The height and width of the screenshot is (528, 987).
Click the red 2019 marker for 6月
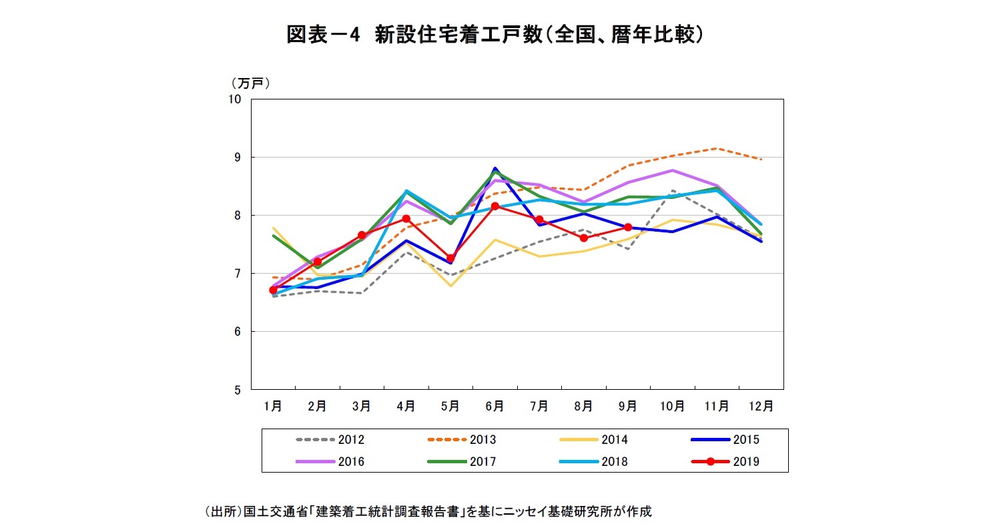pos(495,206)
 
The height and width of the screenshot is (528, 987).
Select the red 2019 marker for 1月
pos(273,290)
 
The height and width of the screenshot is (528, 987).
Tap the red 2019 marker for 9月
pos(628,227)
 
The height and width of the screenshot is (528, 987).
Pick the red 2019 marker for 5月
pos(450,258)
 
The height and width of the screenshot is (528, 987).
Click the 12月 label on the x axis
pos(761,405)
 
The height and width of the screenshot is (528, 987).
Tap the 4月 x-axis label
pos(406,405)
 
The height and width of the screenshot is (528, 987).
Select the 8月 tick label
pos(583,405)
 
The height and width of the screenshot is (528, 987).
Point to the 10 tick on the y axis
pos(234,99)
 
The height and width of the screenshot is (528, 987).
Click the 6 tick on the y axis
pos(237,332)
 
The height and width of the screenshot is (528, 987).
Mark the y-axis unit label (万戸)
pos(250,83)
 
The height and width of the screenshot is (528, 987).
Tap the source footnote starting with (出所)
pos(427,512)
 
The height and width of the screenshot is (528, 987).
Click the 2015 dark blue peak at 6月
pos(495,168)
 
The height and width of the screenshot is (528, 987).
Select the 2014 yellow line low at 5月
pos(450,286)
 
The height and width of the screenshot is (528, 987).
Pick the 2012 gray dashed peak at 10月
pos(673,191)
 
